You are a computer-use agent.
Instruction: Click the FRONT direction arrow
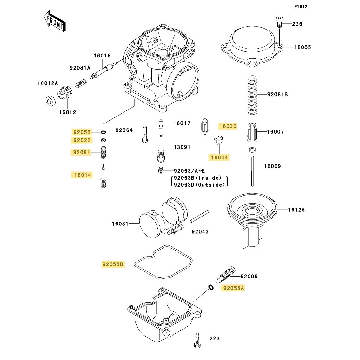55,21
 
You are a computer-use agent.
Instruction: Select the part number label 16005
303,47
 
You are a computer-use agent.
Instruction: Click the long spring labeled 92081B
252,95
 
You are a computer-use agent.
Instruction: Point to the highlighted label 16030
228,126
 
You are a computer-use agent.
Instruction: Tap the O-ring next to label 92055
103,132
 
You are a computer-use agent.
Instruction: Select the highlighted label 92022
82,140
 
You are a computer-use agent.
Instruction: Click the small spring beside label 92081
103,152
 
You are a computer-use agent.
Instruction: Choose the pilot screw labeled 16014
103,176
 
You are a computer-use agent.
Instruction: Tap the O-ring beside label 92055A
210,288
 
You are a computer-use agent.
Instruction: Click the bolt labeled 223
197,339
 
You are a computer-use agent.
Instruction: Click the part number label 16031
120,224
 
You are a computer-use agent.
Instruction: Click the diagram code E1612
300,7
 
